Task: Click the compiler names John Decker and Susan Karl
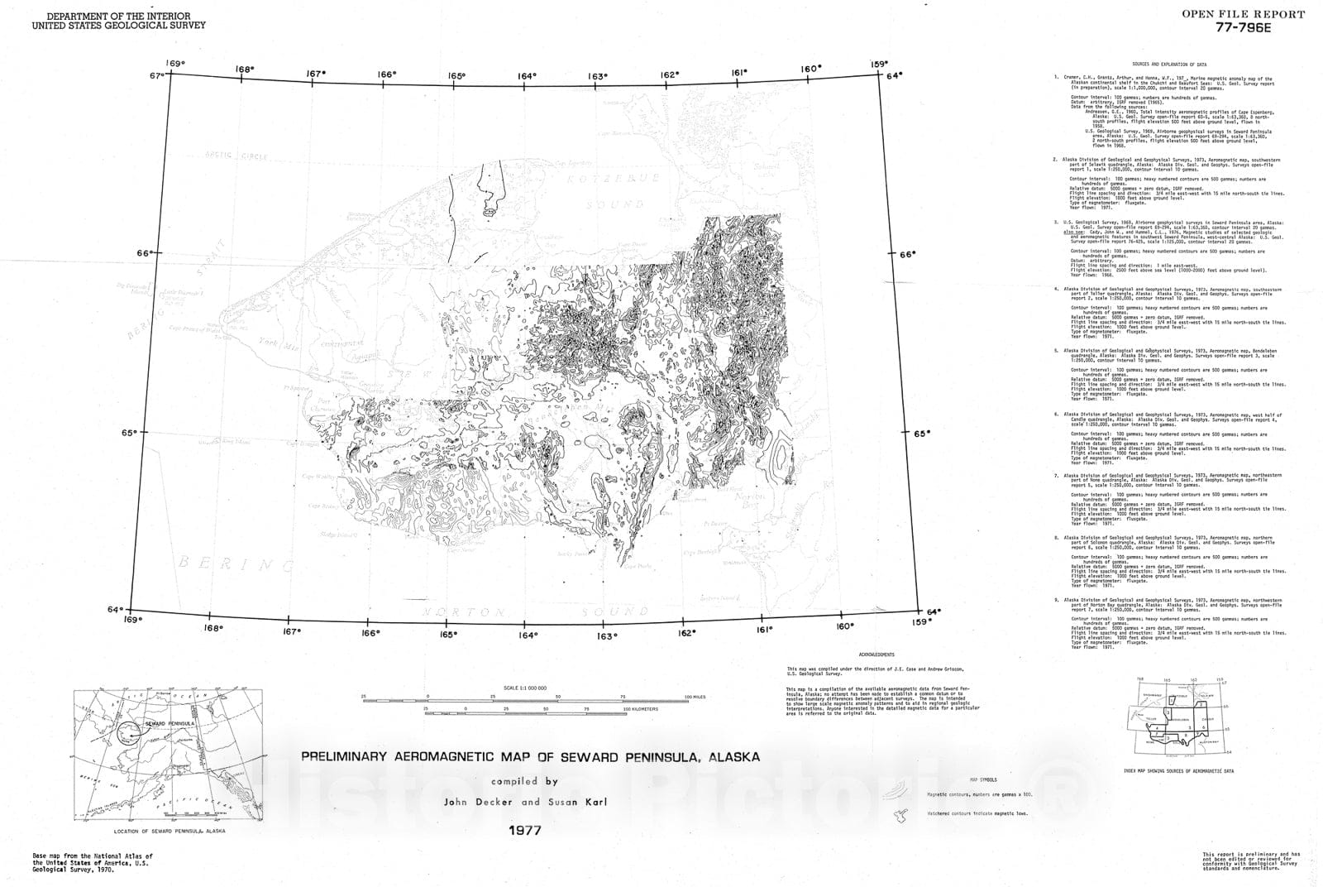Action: [x=525, y=802]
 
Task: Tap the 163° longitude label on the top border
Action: [x=599, y=76]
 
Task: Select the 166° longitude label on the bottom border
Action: [x=370, y=633]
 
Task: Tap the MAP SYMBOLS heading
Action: [x=982, y=779]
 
